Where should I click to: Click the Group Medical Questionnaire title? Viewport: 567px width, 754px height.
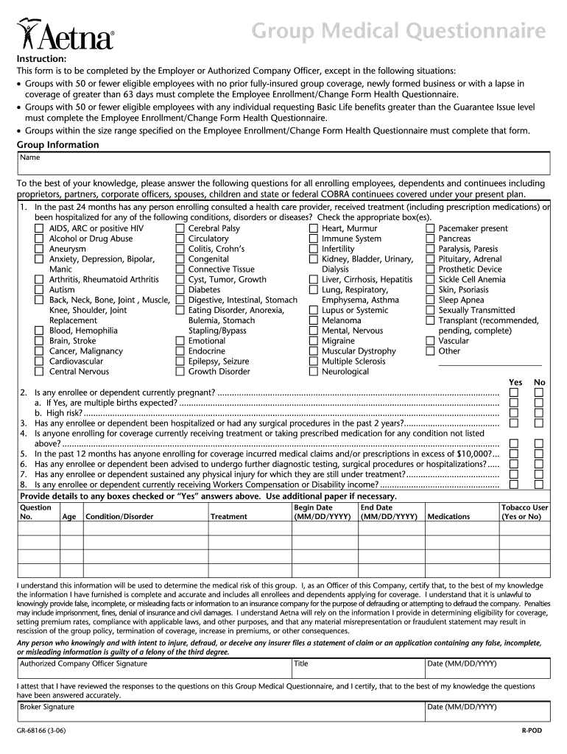pyautogui.click(x=399, y=32)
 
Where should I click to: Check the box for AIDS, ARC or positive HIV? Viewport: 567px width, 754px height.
pyautogui.click(x=39, y=229)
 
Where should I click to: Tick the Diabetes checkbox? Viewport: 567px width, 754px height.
pyautogui.click(x=180, y=290)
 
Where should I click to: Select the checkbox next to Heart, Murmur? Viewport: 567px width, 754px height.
pyautogui.click(x=313, y=229)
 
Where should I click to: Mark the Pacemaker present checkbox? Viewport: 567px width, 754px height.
pyautogui.click(x=430, y=229)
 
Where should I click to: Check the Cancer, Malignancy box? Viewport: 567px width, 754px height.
pyautogui.click(x=39, y=351)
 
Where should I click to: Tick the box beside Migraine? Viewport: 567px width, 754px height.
pyautogui.click(x=313, y=341)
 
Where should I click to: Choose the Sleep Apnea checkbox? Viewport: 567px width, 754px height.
pyautogui.click(x=430, y=300)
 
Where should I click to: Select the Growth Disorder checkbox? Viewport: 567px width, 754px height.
pyautogui.click(x=180, y=372)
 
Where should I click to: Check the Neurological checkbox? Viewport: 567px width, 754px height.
pyautogui.click(x=313, y=372)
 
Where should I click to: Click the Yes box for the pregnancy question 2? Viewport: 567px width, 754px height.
pyautogui.click(x=515, y=393)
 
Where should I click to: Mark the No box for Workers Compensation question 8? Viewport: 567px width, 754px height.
pyautogui.click(x=539, y=485)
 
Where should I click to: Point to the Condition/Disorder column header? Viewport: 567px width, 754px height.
pyautogui.click(x=120, y=516)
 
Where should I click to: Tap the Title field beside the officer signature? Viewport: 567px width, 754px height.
pyautogui.click(x=358, y=668)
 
